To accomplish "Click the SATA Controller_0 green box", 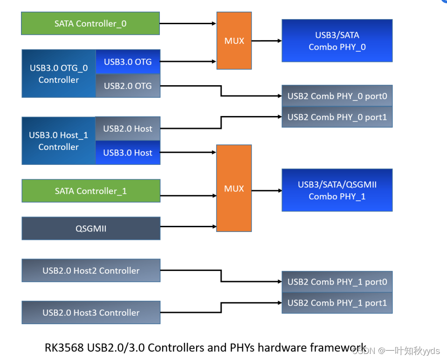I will pos(90,23).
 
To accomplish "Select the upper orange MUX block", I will pos(234,41).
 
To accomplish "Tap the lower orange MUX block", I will pos(234,188).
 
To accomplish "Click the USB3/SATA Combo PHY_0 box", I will pos(337,41).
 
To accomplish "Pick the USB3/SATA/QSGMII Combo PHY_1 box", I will pos(337,190).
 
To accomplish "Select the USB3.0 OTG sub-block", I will pos(128,61).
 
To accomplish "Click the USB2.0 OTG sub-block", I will pos(128,86).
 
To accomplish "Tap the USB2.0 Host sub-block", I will pos(128,129).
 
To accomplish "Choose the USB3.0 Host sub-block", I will pos(128,153).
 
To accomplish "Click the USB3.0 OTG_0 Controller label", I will pos(59,74).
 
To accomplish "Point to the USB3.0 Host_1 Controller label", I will pos(59,141).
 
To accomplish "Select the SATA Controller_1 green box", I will pos(90,191).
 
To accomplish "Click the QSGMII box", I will pos(90,229).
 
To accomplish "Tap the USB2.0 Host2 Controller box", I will pos(90,271).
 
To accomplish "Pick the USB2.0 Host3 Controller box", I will pos(90,312).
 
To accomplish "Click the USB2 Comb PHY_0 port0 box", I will pos(337,96).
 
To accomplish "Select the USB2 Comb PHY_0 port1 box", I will pos(337,117).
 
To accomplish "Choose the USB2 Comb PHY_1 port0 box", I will pos(337,282).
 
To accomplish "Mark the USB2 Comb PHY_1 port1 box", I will pos(337,303).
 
